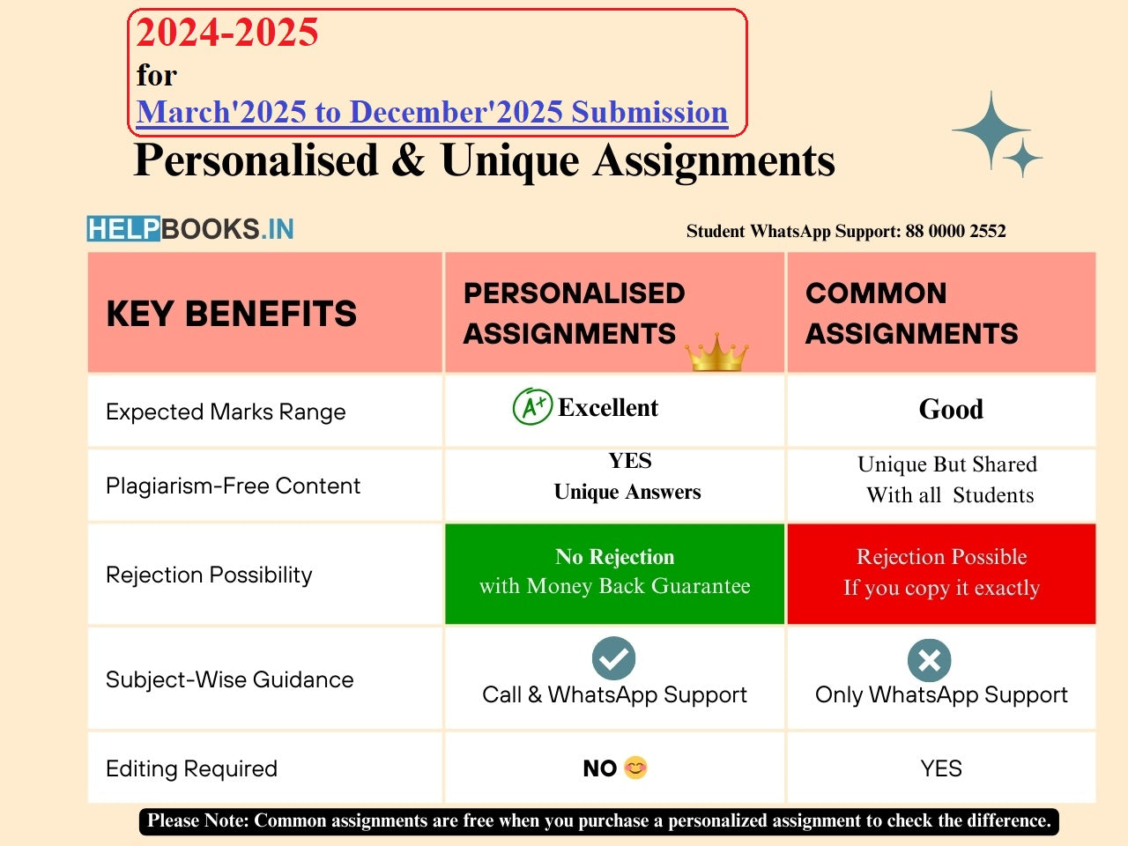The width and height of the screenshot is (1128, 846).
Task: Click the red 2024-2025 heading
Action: [x=227, y=33]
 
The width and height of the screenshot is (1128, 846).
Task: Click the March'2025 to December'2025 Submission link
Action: [x=432, y=112]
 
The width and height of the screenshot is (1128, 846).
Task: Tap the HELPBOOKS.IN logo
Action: [x=190, y=229]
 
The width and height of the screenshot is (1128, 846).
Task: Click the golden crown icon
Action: [x=716, y=352]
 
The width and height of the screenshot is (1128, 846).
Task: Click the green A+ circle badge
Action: [x=532, y=407]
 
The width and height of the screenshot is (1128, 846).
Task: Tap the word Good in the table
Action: [x=951, y=409]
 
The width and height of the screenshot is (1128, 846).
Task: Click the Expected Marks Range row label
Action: [x=226, y=412]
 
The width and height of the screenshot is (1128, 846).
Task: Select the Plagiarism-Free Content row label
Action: [x=233, y=486]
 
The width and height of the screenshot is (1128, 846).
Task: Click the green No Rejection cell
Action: [x=614, y=573]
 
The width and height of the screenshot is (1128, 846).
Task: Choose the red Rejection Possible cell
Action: [x=941, y=573]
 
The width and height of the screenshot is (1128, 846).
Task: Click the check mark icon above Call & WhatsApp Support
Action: [x=614, y=657]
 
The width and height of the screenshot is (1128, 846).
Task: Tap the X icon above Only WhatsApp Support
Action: [x=929, y=660]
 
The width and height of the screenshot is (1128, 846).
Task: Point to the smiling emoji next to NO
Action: [x=635, y=768]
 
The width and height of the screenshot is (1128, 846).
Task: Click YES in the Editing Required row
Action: [x=941, y=768]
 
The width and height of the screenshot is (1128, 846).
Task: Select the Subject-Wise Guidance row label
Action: [x=229, y=679]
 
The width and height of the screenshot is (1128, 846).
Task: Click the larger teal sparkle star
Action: [x=991, y=130]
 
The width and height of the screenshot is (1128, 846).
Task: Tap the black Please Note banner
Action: [x=599, y=820]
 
